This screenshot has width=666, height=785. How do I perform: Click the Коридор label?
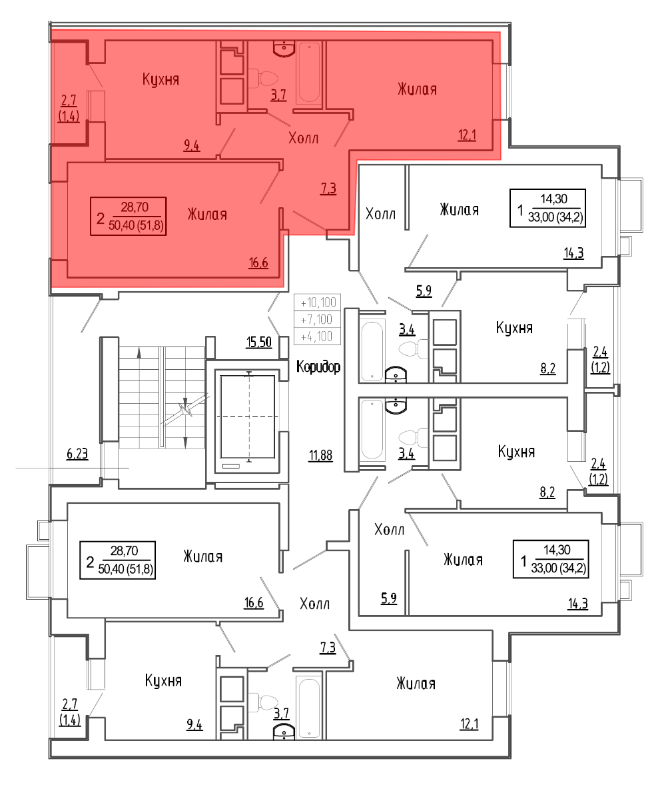point(318,367)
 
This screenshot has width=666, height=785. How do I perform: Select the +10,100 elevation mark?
point(318,303)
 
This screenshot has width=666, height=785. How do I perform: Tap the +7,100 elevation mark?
point(318,319)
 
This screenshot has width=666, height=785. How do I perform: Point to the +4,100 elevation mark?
point(318,337)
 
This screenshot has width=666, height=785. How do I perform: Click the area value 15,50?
point(258,343)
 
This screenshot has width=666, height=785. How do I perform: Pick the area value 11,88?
point(320,456)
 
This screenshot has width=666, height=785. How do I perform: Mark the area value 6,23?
point(77,454)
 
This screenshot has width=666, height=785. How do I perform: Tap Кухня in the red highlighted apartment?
point(161,79)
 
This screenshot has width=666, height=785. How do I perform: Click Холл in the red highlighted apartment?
point(303,138)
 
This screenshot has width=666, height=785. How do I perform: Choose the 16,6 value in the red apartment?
point(258,263)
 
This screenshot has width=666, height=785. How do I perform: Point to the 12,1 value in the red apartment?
point(467,135)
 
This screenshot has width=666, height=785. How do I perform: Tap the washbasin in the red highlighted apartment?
point(284,49)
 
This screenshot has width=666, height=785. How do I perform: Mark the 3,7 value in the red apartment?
point(278,95)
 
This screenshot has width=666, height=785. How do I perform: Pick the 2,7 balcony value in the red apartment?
point(69,101)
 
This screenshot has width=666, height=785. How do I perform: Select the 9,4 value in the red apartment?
point(192,146)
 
